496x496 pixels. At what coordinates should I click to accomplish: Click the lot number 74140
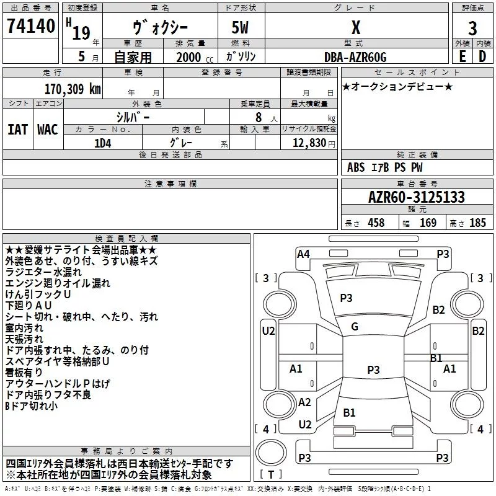[31, 26]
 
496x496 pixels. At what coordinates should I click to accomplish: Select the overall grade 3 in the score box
[472, 29]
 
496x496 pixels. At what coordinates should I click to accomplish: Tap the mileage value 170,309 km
[73, 89]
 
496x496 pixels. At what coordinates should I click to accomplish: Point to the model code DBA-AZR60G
[355, 57]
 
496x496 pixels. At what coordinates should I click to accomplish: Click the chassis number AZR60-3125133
[417, 197]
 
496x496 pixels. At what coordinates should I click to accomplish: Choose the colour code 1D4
[103, 143]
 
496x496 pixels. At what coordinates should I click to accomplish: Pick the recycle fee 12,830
[309, 143]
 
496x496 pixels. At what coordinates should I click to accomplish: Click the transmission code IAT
[18, 130]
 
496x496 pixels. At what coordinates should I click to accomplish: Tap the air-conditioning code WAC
[48, 130]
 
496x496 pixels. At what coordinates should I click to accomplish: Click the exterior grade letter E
[463, 56]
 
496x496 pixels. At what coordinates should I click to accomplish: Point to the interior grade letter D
[482, 56]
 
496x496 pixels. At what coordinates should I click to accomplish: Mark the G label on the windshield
[355, 327]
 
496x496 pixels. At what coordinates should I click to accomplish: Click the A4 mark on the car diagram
[303, 254]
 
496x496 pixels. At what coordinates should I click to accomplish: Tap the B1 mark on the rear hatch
[349, 412]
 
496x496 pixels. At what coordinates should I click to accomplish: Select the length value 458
[376, 223]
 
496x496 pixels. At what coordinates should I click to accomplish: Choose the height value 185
[477, 223]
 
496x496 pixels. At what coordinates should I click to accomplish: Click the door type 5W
[240, 27]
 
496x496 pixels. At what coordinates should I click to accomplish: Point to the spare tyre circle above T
[271, 453]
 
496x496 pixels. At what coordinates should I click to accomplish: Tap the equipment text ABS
[356, 167]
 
